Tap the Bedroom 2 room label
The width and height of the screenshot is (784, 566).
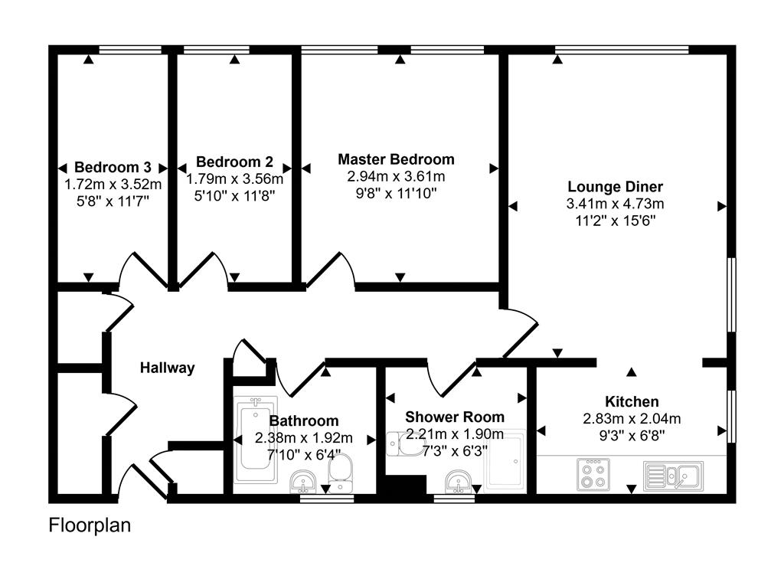[x=234, y=162]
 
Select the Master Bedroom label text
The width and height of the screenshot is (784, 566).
[x=396, y=159]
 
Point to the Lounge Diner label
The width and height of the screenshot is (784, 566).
[x=615, y=186]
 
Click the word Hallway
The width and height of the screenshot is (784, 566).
[x=167, y=368]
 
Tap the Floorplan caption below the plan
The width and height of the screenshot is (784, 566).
[x=90, y=525]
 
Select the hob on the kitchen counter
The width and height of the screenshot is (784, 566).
[x=593, y=473]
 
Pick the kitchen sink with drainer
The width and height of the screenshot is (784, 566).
[x=674, y=475]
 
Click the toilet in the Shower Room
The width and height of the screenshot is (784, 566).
[x=399, y=443]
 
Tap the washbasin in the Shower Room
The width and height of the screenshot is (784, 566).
[x=459, y=482]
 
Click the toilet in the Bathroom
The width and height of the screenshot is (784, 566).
[x=341, y=471]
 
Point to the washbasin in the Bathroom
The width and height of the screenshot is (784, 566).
[x=305, y=482]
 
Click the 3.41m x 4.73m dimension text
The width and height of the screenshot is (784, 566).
[x=615, y=204]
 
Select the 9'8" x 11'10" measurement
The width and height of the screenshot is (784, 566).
[x=396, y=193]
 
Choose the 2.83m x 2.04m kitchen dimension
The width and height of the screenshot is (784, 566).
[x=632, y=418]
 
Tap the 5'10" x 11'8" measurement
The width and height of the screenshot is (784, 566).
[x=234, y=195]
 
